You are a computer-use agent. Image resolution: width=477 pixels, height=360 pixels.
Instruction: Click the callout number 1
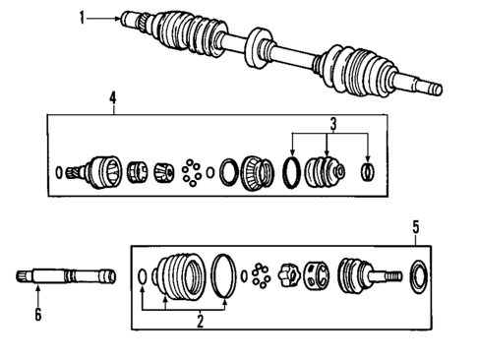(83, 16)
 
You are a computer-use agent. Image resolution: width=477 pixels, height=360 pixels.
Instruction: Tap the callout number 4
(113, 97)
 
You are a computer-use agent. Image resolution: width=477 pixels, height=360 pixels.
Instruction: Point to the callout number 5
(416, 227)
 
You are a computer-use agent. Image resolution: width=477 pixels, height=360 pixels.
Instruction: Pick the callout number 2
(200, 321)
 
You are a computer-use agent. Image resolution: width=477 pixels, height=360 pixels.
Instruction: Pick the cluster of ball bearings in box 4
(193, 171)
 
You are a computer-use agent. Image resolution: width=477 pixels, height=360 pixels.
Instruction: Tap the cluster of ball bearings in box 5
(260, 273)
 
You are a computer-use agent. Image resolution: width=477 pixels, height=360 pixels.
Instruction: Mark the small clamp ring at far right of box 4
(367, 173)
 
